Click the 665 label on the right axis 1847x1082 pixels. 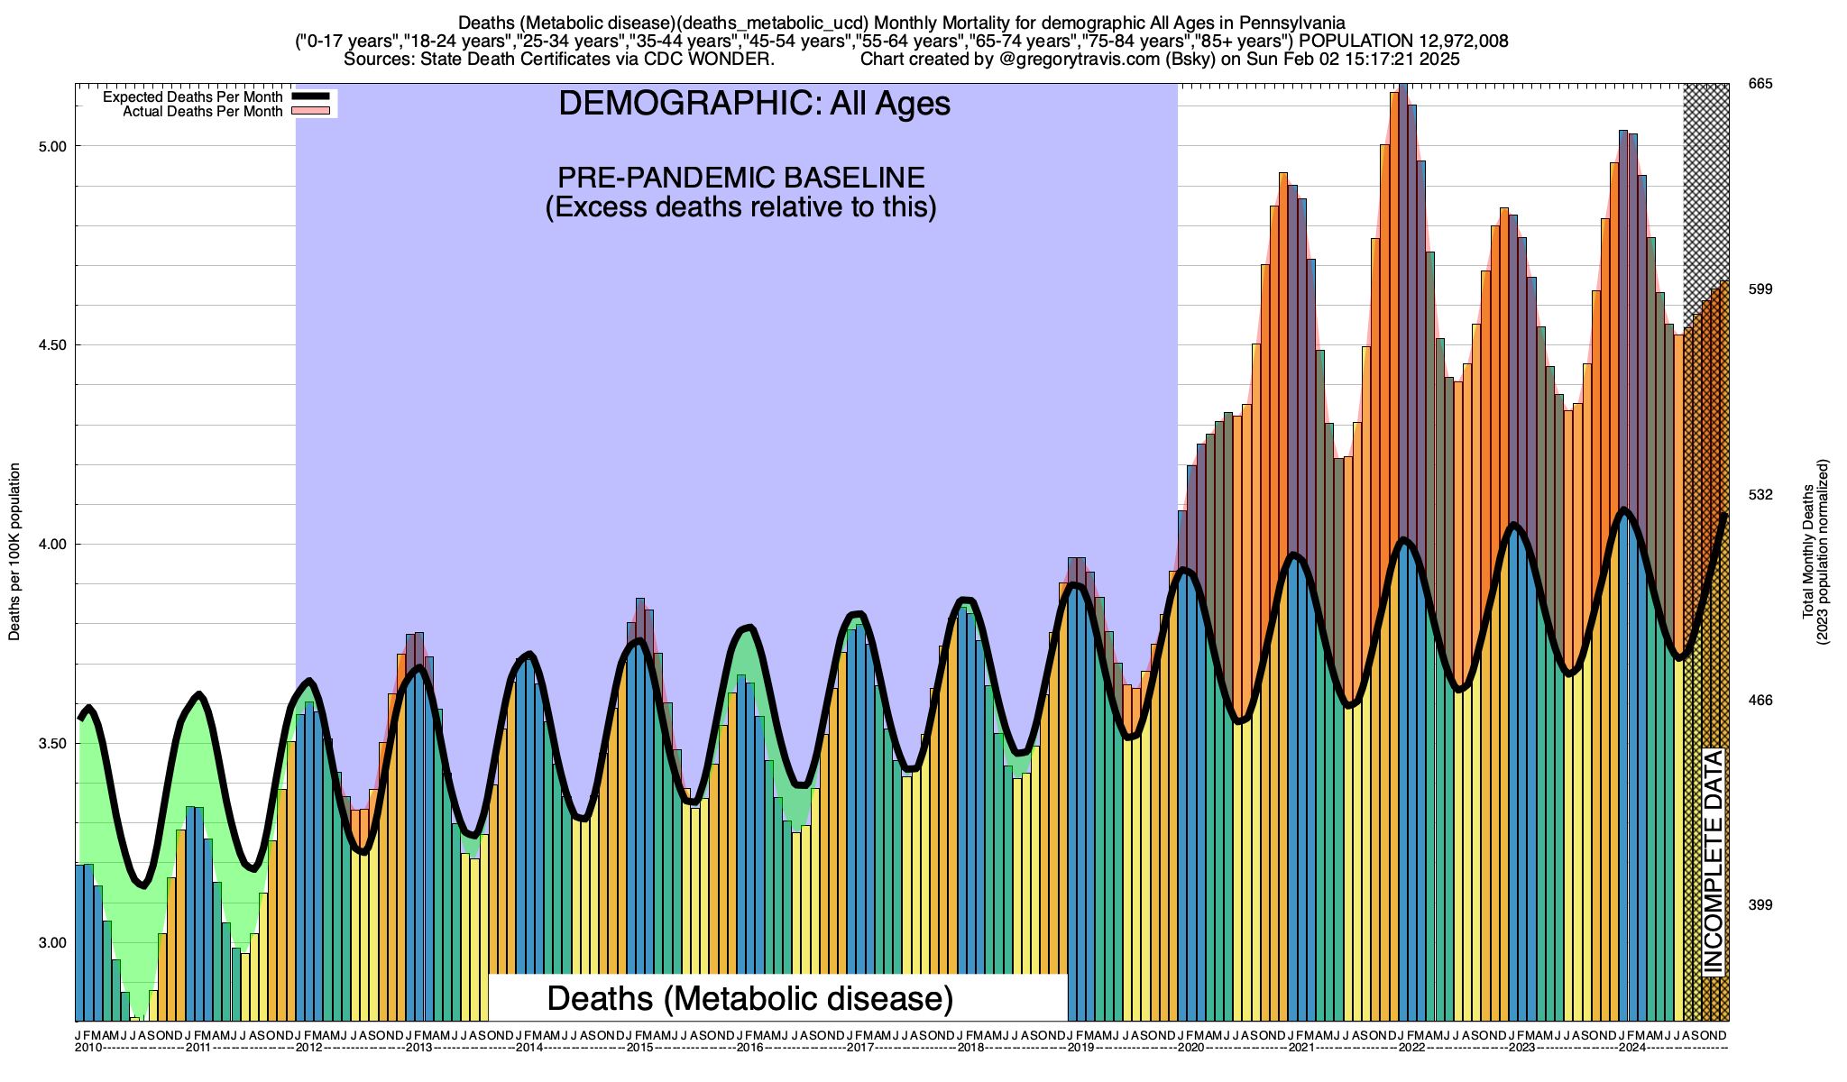[x=1760, y=84]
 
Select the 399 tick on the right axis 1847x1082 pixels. [x=1760, y=905]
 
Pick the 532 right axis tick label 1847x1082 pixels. [x=1760, y=495]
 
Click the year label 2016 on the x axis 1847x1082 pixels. [x=749, y=1048]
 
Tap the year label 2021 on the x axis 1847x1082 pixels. [x=1300, y=1048]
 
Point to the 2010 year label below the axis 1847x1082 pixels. [x=88, y=1048]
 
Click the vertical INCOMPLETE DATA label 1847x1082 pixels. [x=1713, y=861]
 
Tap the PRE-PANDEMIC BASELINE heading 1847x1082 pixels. [x=740, y=177]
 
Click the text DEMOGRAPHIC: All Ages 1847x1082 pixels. [x=754, y=104]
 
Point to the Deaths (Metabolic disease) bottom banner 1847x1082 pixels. [x=750, y=998]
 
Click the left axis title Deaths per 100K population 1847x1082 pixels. [x=14, y=552]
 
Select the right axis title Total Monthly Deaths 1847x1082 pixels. [x=1808, y=552]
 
